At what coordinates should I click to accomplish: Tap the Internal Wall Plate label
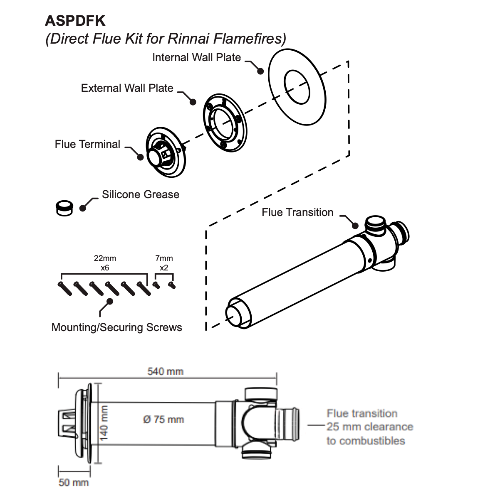tap(196, 57)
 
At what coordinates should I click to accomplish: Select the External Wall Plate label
tap(127, 88)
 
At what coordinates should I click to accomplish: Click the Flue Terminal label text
tap(87, 144)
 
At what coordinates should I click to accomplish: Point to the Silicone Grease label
tap(141, 194)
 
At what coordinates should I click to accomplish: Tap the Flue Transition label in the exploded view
tap(297, 212)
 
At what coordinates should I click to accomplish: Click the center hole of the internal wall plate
tap(297, 87)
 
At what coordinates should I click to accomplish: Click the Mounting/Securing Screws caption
tap(116, 327)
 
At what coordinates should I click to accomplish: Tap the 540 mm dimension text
tap(165, 371)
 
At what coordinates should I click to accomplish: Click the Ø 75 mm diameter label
tap(163, 420)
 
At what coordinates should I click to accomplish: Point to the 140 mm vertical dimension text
tap(104, 423)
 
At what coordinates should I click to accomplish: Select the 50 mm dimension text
tap(74, 483)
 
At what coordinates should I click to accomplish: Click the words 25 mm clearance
tap(370, 427)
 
